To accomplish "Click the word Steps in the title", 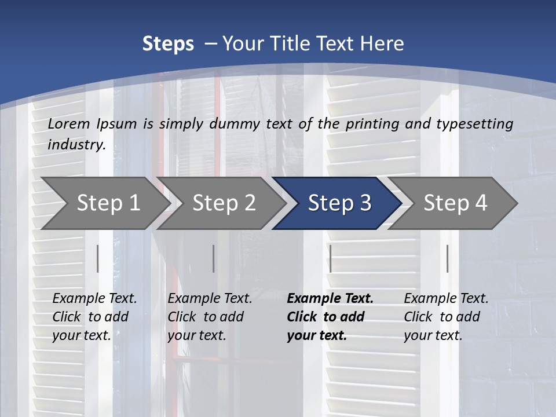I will pyautogui.click(x=168, y=44).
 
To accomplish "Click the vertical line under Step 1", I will pyautogui.click(x=98, y=258).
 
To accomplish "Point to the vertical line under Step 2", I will pyautogui.click(x=214, y=258).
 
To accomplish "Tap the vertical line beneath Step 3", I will pyautogui.click(x=330, y=258).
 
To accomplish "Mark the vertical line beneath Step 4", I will pyautogui.click(x=447, y=258).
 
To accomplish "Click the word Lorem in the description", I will pyautogui.click(x=69, y=123).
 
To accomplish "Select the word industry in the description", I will pyautogui.click(x=76, y=144).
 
